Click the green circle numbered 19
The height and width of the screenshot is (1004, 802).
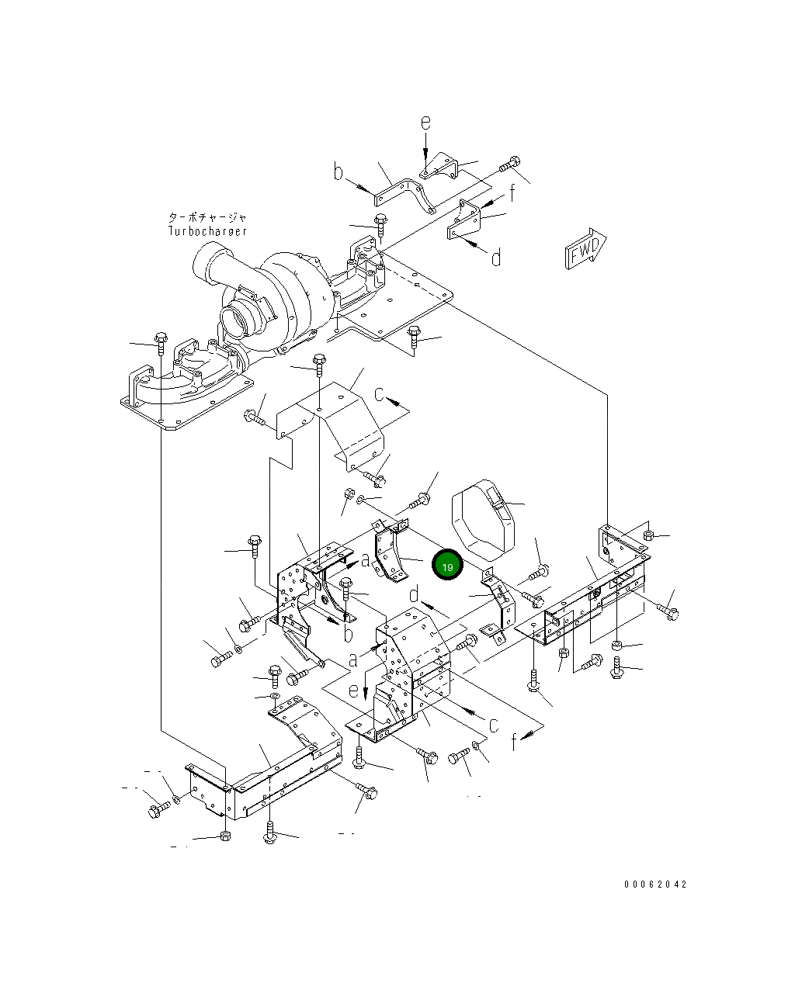(x=448, y=566)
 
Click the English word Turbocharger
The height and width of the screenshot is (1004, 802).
(x=207, y=231)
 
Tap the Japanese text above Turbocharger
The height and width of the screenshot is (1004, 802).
(x=207, y=218)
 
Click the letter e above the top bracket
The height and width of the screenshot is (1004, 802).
(x=425, y=123)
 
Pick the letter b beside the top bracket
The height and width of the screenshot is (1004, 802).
(x=339, y=171)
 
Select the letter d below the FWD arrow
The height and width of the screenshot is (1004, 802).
(x=496, y=257)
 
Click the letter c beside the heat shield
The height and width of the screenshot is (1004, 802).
(x=380, y=394)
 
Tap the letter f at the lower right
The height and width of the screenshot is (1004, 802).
(x=514, y=742)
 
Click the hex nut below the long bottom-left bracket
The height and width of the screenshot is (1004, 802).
(x=225, y=836)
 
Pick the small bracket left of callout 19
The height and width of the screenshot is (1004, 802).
(x=390, y=552)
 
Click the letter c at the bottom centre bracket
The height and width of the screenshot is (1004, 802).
(x=492, y=725)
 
